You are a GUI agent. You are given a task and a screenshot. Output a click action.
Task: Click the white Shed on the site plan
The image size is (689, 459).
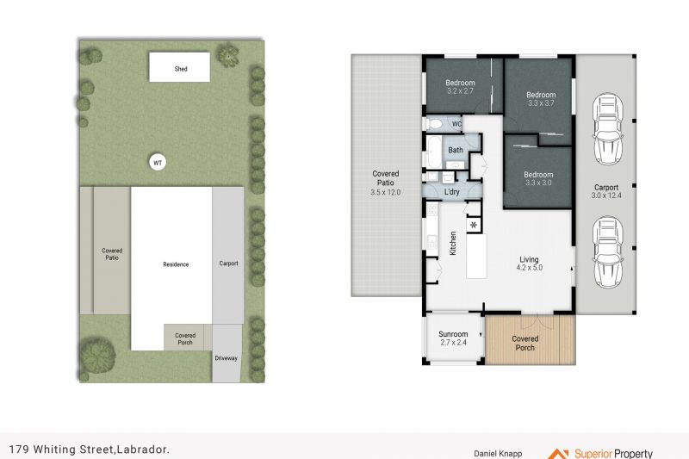pyautogui.click(x=179, y=67)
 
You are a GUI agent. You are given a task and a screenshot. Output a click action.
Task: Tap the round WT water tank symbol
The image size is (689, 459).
pyautogui.click(x=158, y=163)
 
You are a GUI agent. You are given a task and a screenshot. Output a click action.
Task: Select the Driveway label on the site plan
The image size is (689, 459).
pyautogui.click(x=226, y=358)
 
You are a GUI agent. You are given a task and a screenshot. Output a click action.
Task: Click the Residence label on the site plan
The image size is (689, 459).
pyautogui.click(x=176, y=264)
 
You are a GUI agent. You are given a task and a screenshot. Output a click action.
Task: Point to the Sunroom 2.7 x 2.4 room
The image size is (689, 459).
pyautogui.click(x=454, y=338)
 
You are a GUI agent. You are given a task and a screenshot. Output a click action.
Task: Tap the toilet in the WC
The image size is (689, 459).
pyautogui.click(x=434, y=124)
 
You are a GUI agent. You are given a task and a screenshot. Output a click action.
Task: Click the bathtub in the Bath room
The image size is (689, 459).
pyautogui.click(x=434, y=152)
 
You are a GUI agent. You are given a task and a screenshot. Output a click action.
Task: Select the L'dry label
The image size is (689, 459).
pyautogui.click(x=451, y=192)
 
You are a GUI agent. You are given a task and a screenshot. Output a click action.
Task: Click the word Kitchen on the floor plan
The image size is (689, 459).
pyautogui.click(x=453, y=243)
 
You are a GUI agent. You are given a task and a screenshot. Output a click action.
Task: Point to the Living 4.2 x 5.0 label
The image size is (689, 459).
pyautogui.click(x=529, y=264)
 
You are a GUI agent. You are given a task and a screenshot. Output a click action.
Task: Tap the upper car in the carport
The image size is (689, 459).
pyautogui.click(x=608, y=128)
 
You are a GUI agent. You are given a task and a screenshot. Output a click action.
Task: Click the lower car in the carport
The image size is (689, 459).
pyautogui.click(x=608, y=251)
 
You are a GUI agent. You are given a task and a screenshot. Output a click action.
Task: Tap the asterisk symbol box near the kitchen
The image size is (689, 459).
pyautogui.click(x=474, y=226)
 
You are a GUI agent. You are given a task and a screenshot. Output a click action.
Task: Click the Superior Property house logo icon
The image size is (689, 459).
pyautogui.click(x=557, y=454)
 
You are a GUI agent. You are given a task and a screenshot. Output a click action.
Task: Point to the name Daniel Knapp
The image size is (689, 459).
pyautogui.click(x=498, y=454)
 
